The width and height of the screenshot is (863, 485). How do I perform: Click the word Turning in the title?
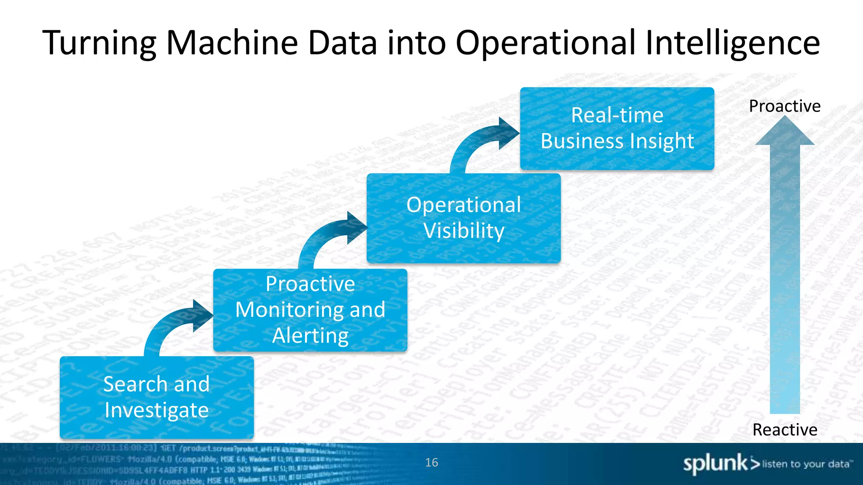click(x=99, y=43)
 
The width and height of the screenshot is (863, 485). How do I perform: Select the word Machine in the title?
click(x=232, y=43)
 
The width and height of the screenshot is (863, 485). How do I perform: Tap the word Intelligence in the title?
click(x=732, y=43)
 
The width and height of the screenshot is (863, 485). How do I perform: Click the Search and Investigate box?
click(x=157, y=397)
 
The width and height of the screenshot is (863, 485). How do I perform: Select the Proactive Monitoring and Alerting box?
click(x=310, y=310)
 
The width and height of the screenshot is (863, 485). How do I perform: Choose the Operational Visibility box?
click(x=464, y=218)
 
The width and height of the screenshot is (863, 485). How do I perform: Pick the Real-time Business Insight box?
click(x=617, y=128)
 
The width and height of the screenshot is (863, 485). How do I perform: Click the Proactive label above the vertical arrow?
click(x=785, y=106)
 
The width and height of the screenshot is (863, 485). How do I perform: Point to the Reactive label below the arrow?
click(x=785, y=430)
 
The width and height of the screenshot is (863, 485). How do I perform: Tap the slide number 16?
click(x=431, y=462)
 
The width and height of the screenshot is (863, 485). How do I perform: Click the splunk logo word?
click(x=715, y=464)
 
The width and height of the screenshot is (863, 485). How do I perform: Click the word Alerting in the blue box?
click(x=310, y=336)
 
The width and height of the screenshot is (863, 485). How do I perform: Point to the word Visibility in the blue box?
click(x=464, y=231)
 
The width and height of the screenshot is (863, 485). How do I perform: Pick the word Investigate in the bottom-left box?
click(x=157, y=410)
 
